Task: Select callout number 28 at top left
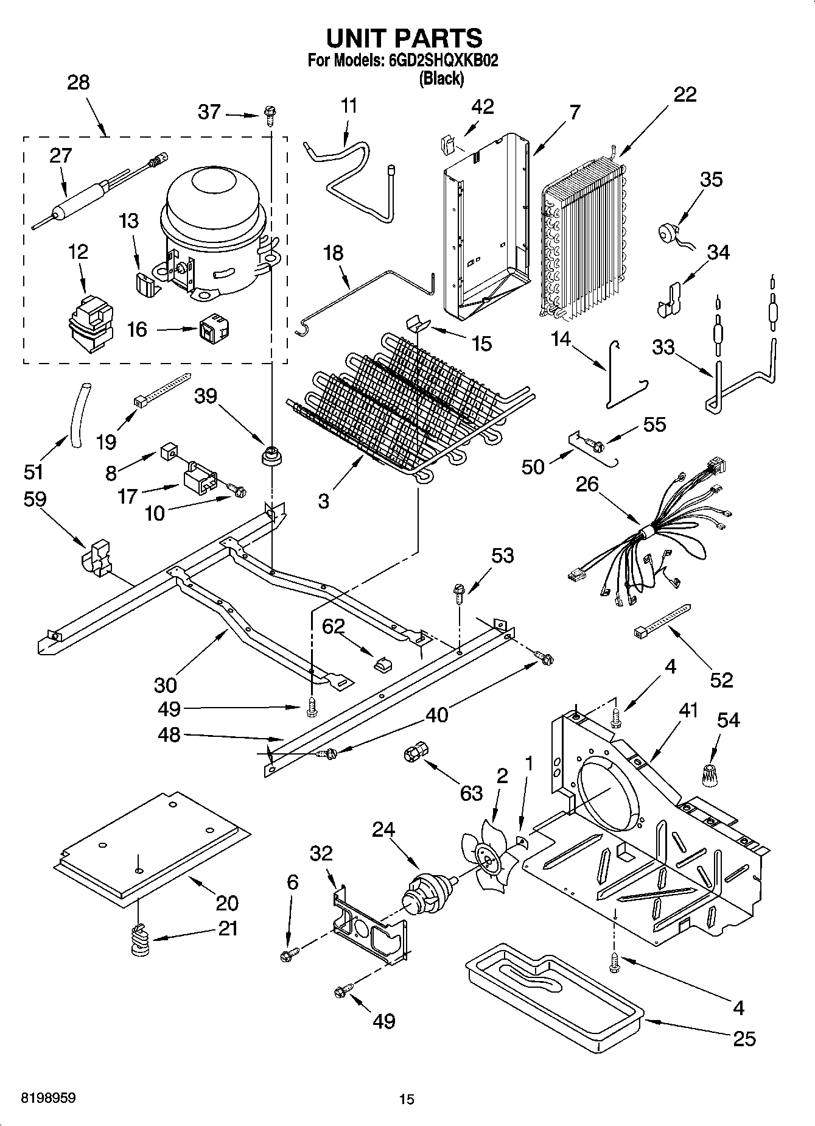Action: pyautogui.click(x=78, y=83)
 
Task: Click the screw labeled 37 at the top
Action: pyautogui.click(x=269, y=113)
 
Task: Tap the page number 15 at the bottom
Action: pyautogui.click(x=407, y=1099)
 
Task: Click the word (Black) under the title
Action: pyautogui.click(x=441, y=78)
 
